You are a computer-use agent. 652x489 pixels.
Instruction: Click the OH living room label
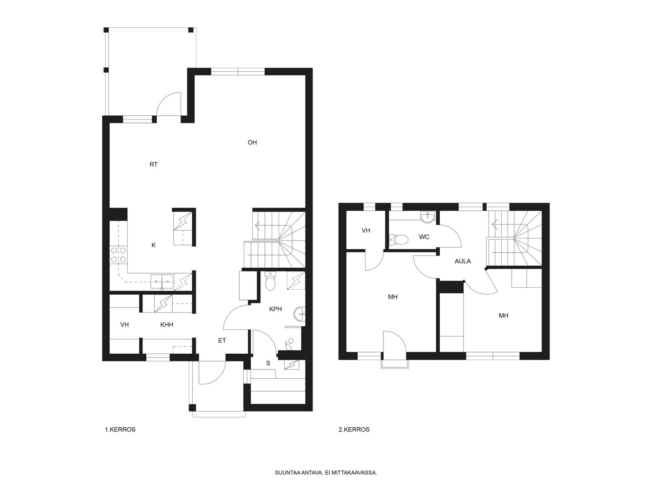[x=252, y=143]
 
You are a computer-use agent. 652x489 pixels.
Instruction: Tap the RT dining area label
[x=153, y=165]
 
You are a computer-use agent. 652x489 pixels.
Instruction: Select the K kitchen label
[x=154, y=245]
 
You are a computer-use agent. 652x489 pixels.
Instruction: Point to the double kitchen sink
[x=162, y=282]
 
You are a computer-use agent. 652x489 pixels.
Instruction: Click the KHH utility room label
[x=167, y=325]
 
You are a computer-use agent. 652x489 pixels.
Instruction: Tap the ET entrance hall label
[x=222, y=341]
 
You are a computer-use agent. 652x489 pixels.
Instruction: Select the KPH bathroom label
[x=275, y=309]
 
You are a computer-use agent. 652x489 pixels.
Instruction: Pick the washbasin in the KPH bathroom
[x=300, y=314]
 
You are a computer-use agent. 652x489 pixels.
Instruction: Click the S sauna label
[x=268, y=363]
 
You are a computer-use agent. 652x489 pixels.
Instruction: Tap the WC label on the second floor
[x=424, y=237]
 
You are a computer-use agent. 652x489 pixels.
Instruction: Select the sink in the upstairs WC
[x=428, y=217]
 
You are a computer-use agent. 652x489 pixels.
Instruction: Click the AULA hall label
[x=463, y=261]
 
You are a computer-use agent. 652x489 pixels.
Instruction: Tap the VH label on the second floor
[x=366, y=230]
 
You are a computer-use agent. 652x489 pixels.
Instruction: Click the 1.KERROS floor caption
[x=120, y=430]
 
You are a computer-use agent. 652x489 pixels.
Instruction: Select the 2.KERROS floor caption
[x=354, y=430]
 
